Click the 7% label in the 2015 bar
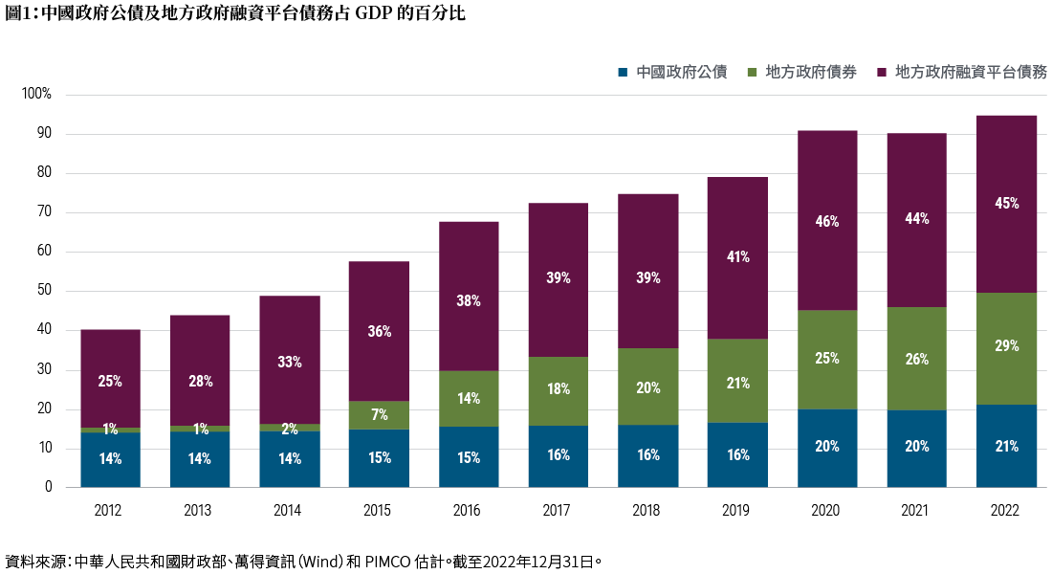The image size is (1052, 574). [379, 415]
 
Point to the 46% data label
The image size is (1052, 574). [827, 222]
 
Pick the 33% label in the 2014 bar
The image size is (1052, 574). [290, 363]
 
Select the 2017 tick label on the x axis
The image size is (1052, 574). [559, 511]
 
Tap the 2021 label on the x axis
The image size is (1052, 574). [916, 511]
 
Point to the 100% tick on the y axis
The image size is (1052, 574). [37, 95]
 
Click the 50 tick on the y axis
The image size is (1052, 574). [43, 291]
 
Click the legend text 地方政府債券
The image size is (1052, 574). [811, 72]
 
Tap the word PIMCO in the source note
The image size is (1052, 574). [387, 561]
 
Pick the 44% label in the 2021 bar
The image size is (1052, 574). [916, 218]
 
